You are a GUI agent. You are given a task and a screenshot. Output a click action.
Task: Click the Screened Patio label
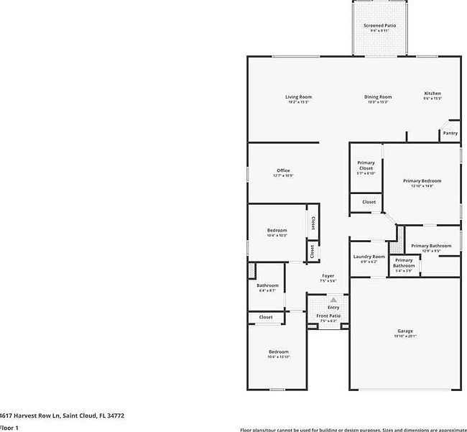point(379,25)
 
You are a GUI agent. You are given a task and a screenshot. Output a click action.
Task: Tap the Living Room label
point(298,96)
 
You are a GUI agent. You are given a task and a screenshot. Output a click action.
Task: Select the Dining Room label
point(378,96)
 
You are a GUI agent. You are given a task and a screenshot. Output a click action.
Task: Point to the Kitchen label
point(433,93)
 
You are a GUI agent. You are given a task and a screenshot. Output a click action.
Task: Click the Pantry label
point(450,133)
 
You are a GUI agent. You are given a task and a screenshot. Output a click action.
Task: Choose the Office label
point(283,170)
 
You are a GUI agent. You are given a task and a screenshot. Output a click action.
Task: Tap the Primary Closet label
point(366,165)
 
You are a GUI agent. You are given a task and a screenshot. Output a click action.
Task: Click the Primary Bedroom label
point(422,180)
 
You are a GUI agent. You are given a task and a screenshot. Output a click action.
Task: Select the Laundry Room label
point(369,257)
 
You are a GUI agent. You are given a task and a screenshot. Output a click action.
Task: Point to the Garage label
point(405,331)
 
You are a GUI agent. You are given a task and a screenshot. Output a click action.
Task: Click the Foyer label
point(328,276)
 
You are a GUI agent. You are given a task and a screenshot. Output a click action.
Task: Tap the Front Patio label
point(328,316)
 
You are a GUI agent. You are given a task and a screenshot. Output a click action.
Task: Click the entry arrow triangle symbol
point(333,300)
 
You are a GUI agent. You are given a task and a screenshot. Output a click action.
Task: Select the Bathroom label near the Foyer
point(267,285)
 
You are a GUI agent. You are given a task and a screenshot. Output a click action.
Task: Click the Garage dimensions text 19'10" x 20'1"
point(405,336)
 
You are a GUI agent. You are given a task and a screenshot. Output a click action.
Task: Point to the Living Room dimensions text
point(298,102)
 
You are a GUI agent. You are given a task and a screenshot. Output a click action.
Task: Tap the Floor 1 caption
point(9,428)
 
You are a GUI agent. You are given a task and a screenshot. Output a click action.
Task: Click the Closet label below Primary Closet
point(369,202)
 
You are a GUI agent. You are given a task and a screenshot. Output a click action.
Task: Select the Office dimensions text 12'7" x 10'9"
point(283,175)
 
